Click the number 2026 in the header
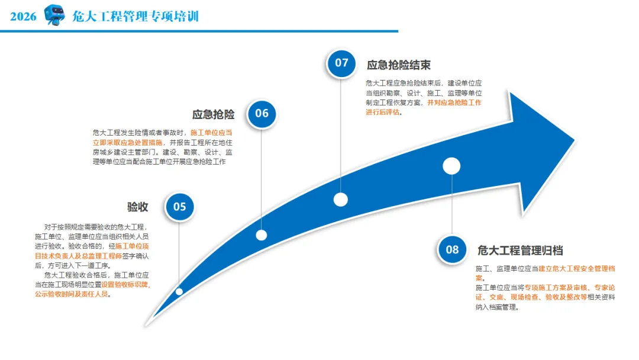[23, 16]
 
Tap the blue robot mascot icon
[54, 15]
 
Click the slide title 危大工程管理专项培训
[135, 16]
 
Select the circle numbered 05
[180, 207]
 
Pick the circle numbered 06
[262, 113]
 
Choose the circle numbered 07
[341, 63]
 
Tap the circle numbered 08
[452, 249]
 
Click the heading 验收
[137, 207]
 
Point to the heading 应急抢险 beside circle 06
[213, 114]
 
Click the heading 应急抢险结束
[398, 65]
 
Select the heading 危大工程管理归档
[520, 250]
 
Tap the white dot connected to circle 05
[179, 291]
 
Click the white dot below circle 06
[262, 235]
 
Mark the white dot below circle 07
[340, 200]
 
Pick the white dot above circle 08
[451, 166]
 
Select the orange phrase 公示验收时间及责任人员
[72, 294]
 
